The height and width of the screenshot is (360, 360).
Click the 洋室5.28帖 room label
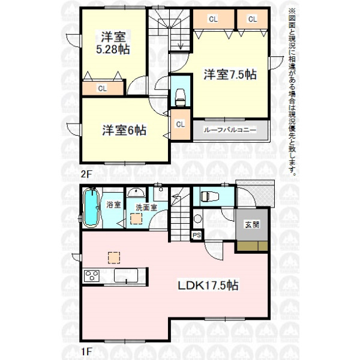pos(113,43)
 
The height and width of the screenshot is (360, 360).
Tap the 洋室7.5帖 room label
pos(230,74)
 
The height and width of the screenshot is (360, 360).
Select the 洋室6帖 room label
pos(124,130)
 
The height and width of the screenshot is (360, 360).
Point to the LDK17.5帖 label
pos(208,285)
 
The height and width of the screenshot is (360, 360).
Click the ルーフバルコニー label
pos(230,130)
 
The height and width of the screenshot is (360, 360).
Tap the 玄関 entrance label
pos(252,224)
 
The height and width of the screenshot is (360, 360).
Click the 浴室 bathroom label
pos(113,204)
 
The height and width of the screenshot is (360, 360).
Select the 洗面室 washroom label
pos(146,208)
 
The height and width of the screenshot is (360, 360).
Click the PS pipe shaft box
pos(197,235)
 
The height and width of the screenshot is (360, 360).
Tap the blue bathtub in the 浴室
pos(91,207)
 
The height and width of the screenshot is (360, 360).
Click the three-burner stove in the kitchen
pos(92,276)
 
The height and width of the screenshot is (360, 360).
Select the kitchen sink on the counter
pos(126,275)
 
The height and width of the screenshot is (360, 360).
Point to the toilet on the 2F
pos(181,97)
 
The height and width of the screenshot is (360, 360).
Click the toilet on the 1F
pos(209,197)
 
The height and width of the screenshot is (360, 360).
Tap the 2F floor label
pos(86,174)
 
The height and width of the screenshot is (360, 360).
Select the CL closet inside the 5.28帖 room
pos(103,88)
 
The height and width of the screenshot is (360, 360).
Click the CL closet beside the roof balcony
pos(181,124)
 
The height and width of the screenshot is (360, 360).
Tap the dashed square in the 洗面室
pos(136,218)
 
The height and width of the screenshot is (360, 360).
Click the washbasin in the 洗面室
pos(136,193)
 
